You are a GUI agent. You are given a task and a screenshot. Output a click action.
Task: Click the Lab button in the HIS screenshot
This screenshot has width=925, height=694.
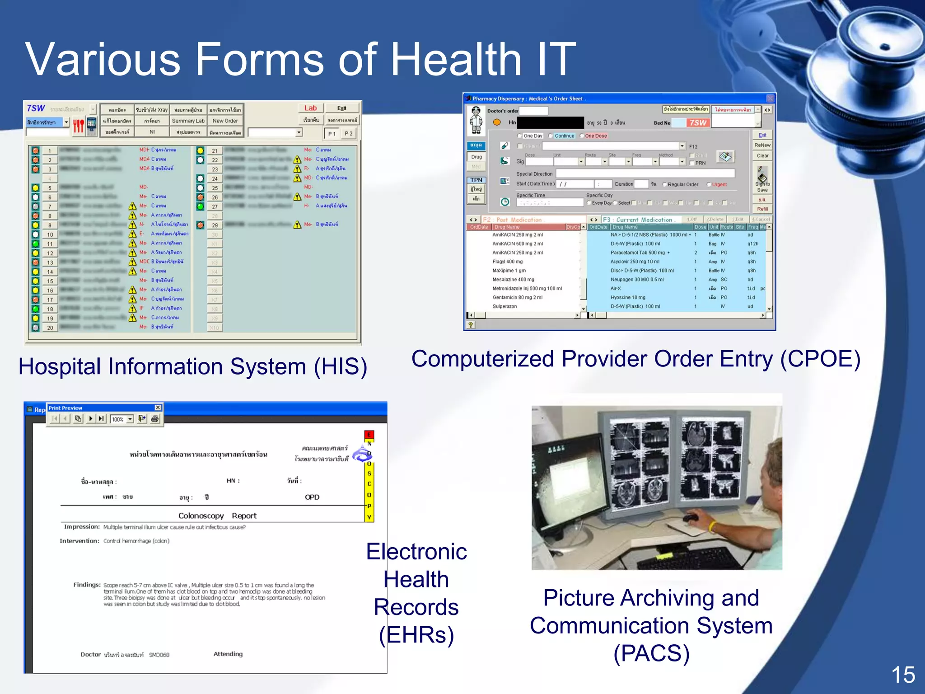310,108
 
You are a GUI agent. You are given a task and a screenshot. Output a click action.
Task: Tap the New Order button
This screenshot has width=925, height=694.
225,121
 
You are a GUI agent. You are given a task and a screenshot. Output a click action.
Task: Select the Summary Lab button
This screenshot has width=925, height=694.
188,121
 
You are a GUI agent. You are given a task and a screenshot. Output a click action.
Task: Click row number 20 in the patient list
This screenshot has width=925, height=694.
50,328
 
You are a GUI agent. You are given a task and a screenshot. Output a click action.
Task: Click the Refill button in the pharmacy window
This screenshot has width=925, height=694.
762,209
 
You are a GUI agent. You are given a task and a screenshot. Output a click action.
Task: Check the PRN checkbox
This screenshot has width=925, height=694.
692,163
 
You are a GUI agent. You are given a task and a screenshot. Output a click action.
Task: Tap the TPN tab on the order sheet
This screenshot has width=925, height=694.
476,180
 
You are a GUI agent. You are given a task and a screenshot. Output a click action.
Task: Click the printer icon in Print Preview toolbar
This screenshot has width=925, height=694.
155,419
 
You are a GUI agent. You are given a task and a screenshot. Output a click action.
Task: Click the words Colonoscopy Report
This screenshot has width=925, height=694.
217,516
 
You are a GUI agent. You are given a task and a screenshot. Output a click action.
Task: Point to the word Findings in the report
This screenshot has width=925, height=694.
87,585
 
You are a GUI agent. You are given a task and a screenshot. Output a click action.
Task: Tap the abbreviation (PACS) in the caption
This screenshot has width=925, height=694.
651,654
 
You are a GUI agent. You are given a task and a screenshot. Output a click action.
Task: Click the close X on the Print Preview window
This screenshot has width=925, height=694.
158,408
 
